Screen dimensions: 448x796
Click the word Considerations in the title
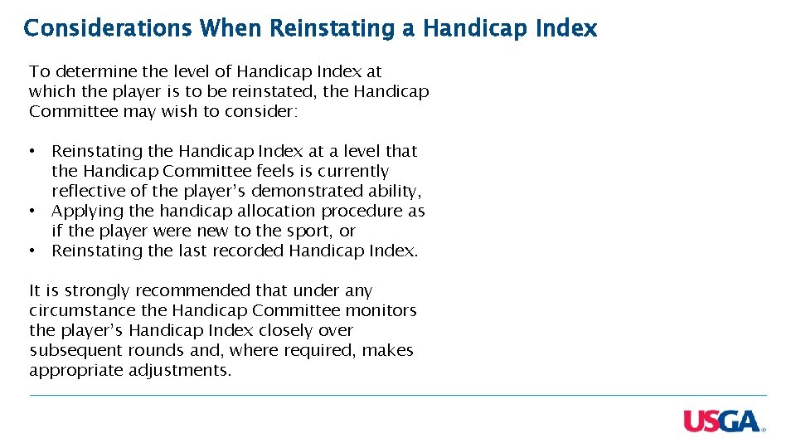[108, 28]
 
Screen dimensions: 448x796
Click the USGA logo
[722, 421]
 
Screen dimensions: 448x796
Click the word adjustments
[178, 371]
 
